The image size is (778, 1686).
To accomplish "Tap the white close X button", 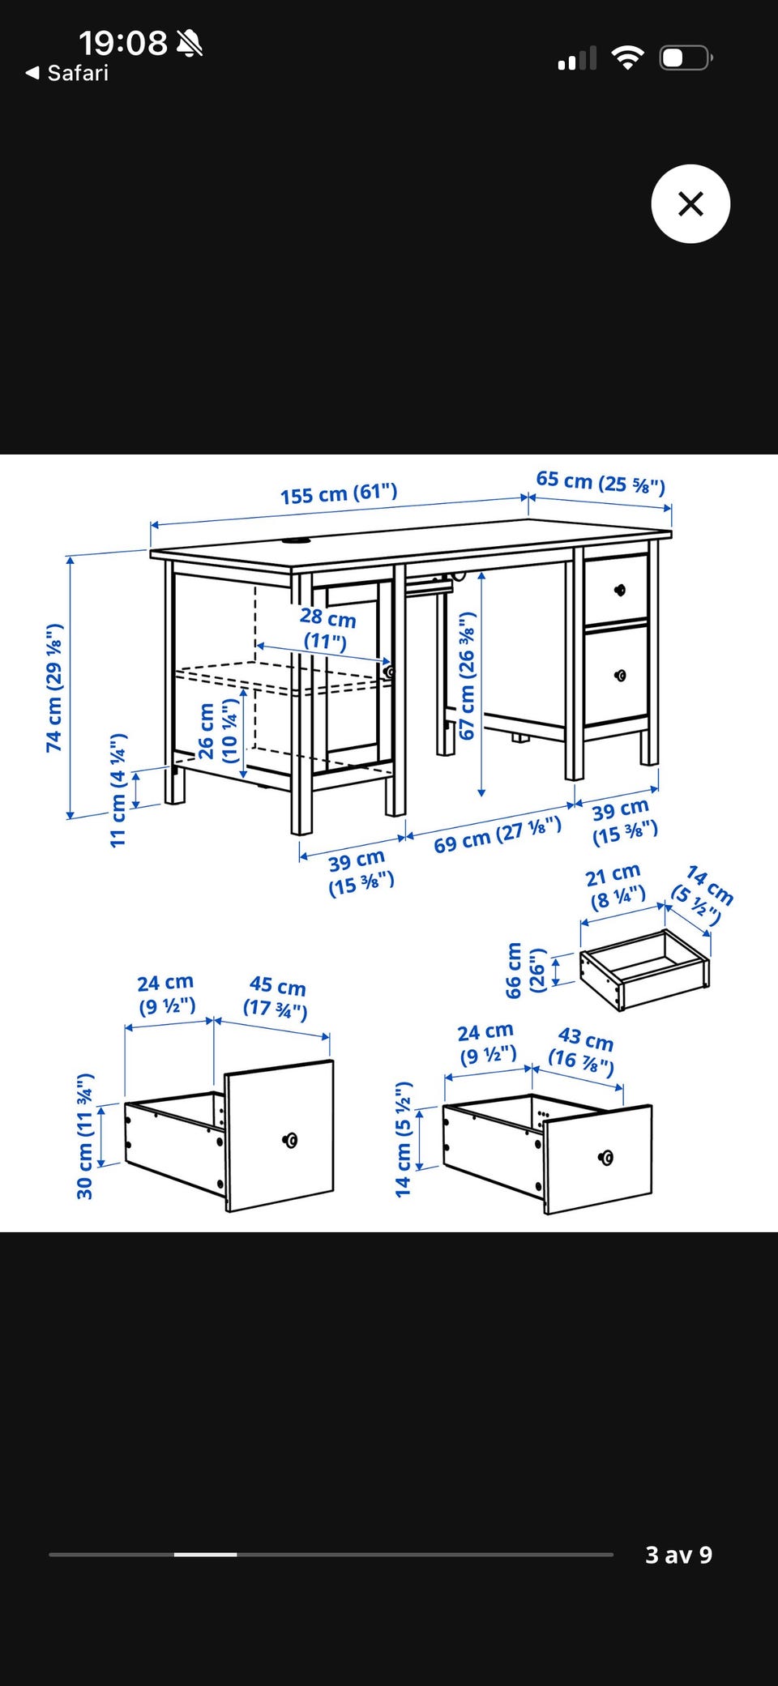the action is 690,203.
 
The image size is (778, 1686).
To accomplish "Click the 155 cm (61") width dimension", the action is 339,493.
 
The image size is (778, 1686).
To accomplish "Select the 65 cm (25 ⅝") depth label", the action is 601,482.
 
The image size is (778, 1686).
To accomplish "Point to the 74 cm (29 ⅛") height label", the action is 54,688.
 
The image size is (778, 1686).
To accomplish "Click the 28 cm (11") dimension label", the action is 327,629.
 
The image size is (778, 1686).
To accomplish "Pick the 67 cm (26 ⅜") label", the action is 467,676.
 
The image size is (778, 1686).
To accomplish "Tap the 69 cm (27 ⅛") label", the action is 498,834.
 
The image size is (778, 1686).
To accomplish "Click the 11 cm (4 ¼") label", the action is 118,790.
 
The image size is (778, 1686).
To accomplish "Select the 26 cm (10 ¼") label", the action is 218,731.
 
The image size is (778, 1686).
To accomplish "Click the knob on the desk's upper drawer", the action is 620,590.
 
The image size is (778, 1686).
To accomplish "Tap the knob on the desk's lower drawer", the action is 621,676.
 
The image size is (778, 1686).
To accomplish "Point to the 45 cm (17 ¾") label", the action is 276,997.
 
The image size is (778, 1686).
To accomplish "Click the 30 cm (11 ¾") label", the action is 85,1136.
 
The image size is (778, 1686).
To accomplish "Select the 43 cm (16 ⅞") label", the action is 583,1051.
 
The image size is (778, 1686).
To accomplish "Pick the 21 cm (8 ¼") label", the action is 615,886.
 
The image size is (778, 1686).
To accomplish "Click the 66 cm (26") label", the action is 526,970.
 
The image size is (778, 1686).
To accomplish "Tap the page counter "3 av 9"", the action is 678,1555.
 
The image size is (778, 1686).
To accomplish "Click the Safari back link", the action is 67,73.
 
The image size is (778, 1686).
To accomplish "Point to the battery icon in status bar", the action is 686,58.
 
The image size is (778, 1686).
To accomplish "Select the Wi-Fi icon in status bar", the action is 627,58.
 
